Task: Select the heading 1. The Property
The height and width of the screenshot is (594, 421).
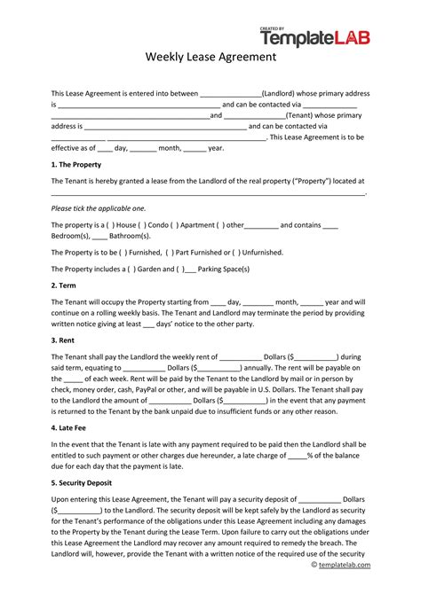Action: click(x=76, y=165)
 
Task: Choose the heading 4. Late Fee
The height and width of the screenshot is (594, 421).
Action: click(x=72, y=427)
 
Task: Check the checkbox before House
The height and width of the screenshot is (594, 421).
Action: click(x=111, y=225)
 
